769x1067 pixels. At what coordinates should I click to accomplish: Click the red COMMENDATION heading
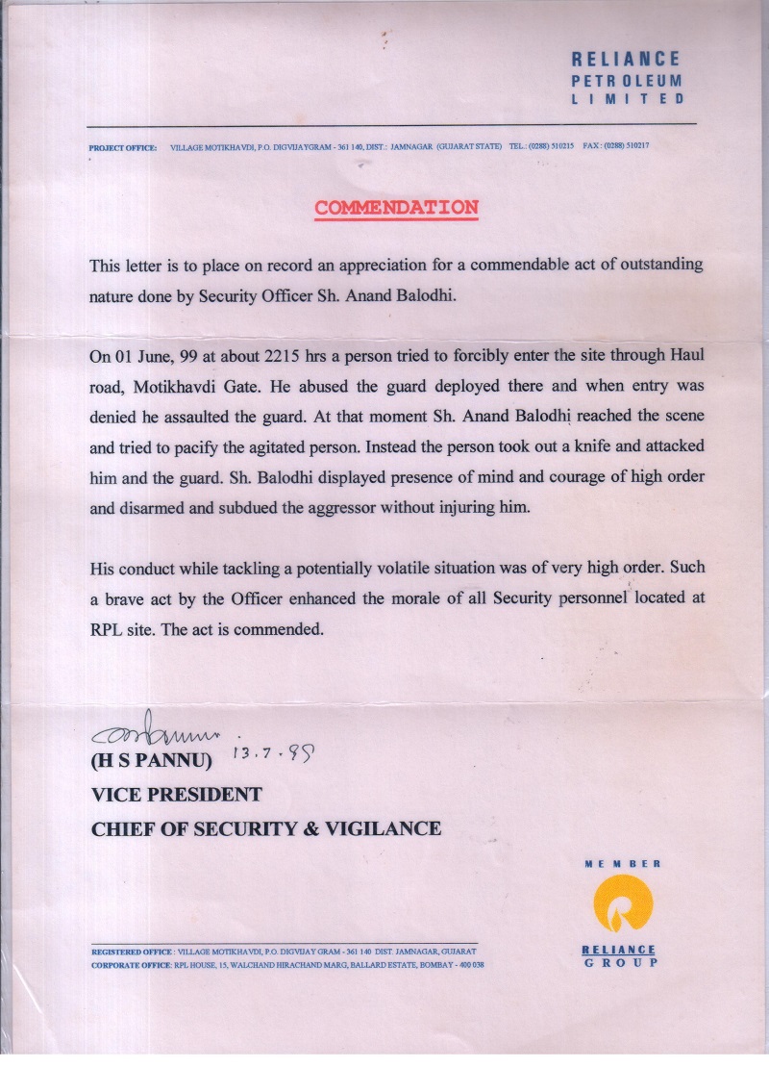coord(396,208)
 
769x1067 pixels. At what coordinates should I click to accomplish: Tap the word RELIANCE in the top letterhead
coord(626,60)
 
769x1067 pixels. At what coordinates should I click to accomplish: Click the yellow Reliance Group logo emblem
coord(620,909)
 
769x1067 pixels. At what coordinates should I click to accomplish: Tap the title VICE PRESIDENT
coord(176,795)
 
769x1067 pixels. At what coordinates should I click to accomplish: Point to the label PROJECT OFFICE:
coord(122,147)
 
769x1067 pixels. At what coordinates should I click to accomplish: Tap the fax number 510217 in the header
coord(636,146)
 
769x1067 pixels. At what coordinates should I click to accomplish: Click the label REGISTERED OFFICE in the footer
coord(130,952)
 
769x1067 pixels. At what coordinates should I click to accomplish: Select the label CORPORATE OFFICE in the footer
coord(130,964)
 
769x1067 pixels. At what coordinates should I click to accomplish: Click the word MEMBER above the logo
coord(622,864)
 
